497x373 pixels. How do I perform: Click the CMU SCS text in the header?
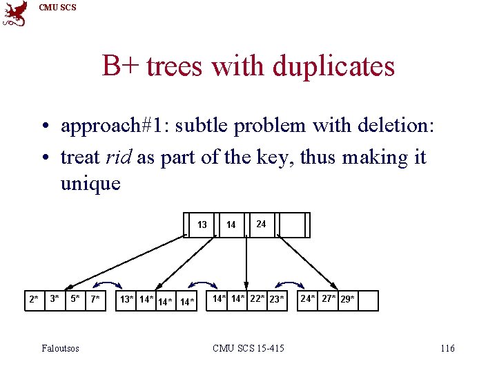click(57, 8)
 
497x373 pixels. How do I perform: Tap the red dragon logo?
click(16, 13)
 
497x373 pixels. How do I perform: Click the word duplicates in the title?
click(333, 66)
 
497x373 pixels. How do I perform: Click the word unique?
click(90, 184)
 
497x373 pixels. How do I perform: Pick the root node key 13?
click(202, 224)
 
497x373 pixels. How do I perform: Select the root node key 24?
click(261, 224)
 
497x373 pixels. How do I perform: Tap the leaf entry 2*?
click(33, 300)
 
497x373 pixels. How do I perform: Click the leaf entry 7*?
click(95, 300)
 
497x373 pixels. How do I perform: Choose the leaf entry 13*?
click(127, 300)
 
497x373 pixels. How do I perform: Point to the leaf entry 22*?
click(257, 299)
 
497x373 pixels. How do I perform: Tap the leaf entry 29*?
click(348, 300)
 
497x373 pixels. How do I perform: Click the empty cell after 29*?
click(369, 300)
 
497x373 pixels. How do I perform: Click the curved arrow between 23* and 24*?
click(290, 285)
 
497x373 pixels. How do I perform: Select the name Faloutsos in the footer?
click(60, 348)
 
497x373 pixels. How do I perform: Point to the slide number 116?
click(447, 348)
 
